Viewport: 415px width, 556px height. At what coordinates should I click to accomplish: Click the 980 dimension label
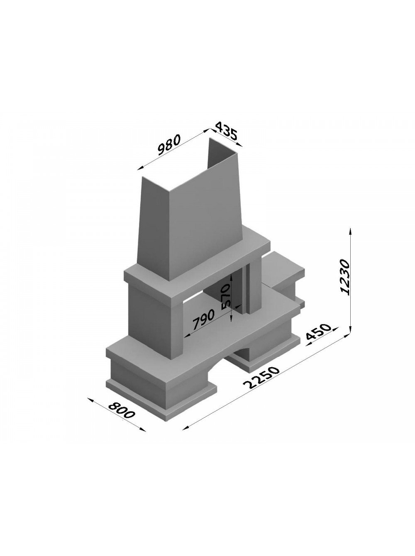[169, 145]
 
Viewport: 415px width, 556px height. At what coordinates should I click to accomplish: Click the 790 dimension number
[204, 319]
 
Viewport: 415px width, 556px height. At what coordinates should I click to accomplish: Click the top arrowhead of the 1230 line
[351, 231]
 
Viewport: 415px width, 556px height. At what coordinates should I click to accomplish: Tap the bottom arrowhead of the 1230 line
[351, 329]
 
